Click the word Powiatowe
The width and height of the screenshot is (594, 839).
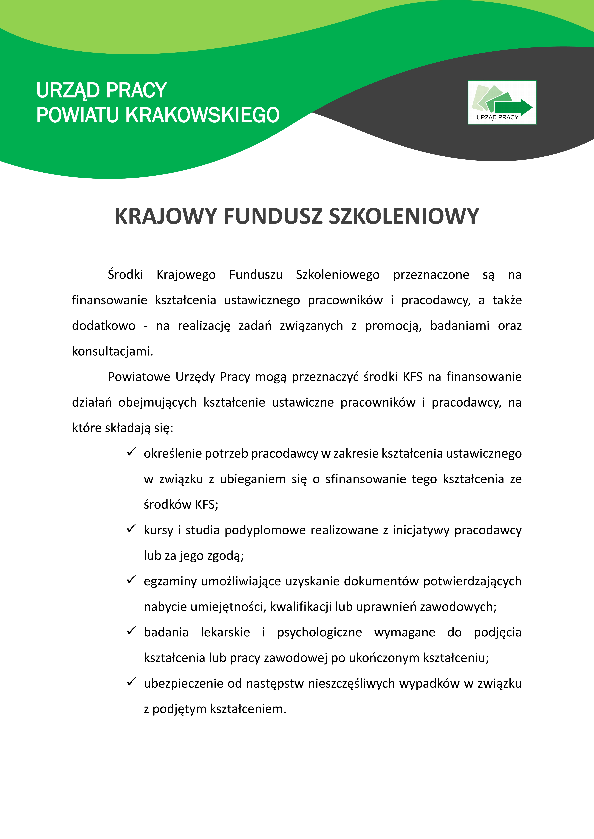[x=139, y=377]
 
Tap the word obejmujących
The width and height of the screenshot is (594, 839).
[x=157, y=402]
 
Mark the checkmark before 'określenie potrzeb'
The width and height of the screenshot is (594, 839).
[x=131, y=452]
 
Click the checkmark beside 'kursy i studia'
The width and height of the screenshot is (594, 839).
[x=131, y=529]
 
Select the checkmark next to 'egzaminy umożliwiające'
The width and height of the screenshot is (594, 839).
[x=131, y=580]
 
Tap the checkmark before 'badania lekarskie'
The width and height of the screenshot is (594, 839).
[x=131, y=631]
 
